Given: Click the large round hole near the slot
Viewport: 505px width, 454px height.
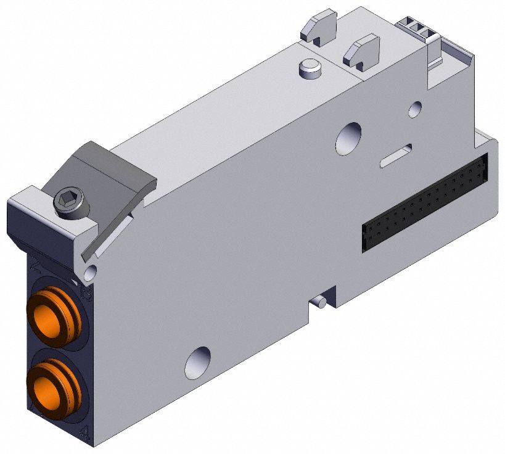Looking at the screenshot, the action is coord(349,138).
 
